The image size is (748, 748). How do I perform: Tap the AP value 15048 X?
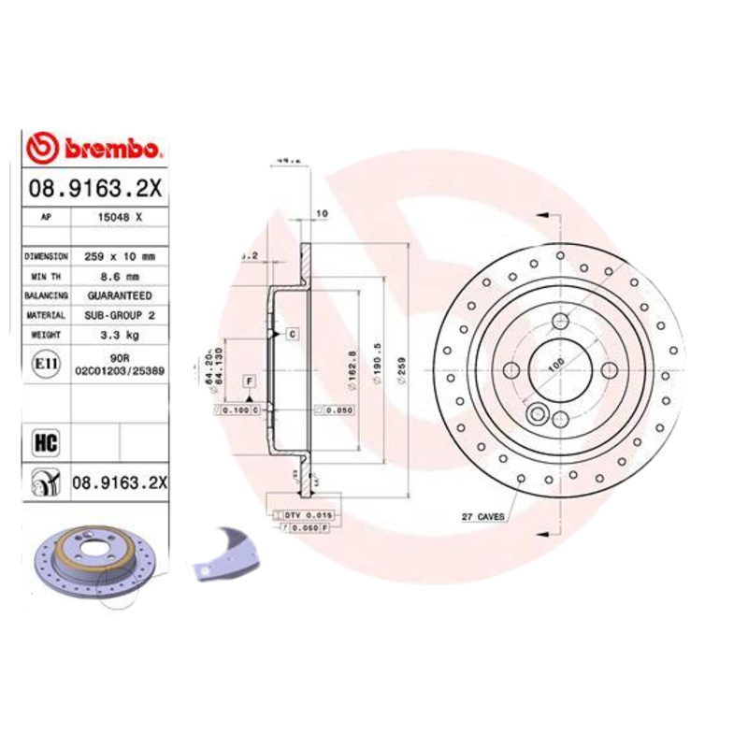point(118,216)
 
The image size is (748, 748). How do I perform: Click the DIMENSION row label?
point(46,255)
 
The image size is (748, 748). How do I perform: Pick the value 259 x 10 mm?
point(119,255)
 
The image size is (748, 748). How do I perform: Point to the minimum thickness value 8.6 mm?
point(119,276)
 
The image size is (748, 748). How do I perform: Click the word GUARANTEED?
point(119,295)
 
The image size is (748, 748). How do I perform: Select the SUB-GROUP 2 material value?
point(119,316)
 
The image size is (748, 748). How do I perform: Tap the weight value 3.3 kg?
point(119,335)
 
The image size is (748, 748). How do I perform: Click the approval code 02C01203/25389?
point(120,370)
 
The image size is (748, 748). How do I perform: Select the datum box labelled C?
point(291,334)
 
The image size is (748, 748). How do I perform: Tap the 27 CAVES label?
point(483,516)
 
